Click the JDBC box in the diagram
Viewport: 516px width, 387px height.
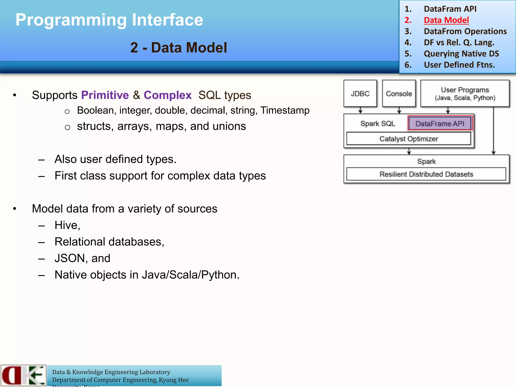click(360, 93)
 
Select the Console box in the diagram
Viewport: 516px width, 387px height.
click(399, 93)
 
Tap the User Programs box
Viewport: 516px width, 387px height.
click(465, 93)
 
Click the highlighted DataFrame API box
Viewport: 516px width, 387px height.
click(440, 123)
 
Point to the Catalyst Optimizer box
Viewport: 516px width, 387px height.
click(408, 139)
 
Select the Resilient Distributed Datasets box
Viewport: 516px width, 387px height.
click(426, 174)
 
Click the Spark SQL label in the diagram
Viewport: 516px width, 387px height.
click(377, 123)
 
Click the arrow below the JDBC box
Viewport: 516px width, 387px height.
click(360, 110)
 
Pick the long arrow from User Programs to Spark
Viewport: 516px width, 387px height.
click(493, 131)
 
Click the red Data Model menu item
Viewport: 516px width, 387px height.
click(446, 20)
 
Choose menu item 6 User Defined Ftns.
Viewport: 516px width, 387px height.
click(459, 65)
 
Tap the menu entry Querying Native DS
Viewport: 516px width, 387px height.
click(461, 54)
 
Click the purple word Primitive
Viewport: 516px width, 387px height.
click(105, 95)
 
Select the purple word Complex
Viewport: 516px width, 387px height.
click(168, 95)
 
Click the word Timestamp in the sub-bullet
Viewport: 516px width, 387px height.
click(285, 110)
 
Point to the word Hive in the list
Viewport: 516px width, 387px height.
click(67, 225)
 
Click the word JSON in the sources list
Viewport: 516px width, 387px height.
click(70, 258)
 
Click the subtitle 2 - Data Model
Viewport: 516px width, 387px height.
click(178, 47)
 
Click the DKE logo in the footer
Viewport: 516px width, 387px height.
click(23, 375)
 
